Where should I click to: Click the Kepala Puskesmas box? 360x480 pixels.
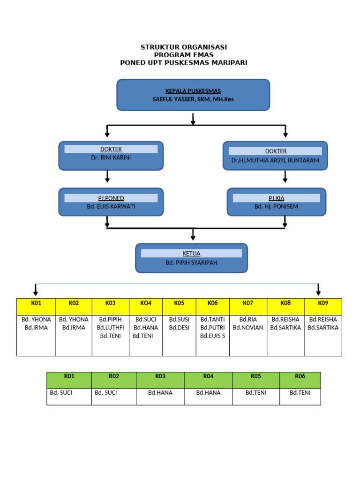193,95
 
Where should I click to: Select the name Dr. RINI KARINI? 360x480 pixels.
111,157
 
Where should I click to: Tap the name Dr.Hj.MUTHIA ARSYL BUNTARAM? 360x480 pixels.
275,160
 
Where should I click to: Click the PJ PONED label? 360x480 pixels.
111,198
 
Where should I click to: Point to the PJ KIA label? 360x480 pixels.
276,198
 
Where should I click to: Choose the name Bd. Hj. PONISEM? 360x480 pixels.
276,206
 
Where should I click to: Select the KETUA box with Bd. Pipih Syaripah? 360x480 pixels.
191,258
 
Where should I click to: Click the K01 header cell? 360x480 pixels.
36,303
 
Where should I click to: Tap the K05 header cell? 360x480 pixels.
179,303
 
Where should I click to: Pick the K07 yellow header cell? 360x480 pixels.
248,303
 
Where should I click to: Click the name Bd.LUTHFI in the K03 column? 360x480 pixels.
110,328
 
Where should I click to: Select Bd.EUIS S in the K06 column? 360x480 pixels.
212,336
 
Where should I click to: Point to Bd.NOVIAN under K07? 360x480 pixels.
248,328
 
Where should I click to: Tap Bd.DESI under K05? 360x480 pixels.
179,328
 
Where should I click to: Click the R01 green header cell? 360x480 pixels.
69,376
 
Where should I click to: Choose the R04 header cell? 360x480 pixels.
208,376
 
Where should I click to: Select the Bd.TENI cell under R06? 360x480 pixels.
300,393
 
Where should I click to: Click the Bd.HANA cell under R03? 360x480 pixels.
160,393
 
